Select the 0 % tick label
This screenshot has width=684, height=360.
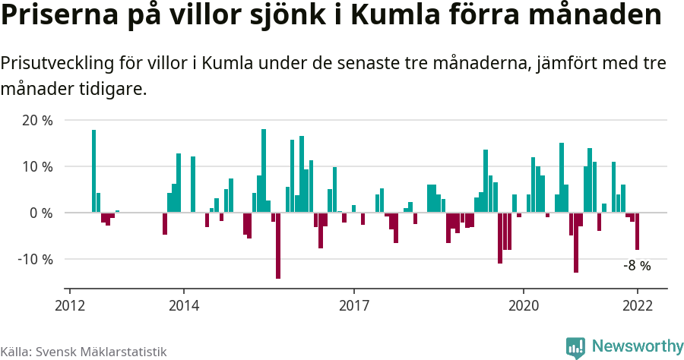click(x=41, y=213)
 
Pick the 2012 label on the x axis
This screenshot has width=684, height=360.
click(x=70, y=305)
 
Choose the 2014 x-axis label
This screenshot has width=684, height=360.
click(x=183, y=305)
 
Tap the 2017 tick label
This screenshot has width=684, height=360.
click(x=353, y=305)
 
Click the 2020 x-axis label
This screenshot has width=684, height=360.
click(x=524, y=305)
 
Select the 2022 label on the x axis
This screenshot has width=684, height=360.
click(x=637, y=305)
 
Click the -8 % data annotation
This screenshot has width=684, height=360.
click(x=637, y=266)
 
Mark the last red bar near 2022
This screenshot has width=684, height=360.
click(x=637, y=231)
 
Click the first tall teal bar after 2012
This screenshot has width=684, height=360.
click(x=93, y=171)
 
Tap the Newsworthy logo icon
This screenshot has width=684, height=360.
click(x=575, y=347)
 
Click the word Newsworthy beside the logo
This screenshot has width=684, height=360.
click(x=637, y=346)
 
